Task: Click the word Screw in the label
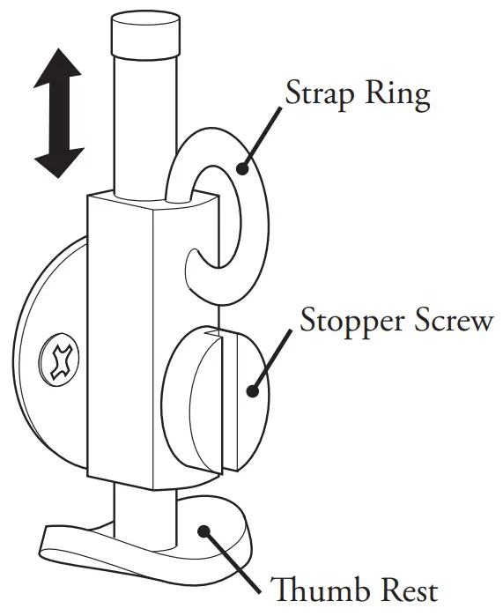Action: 453,321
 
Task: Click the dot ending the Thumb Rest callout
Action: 204,530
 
